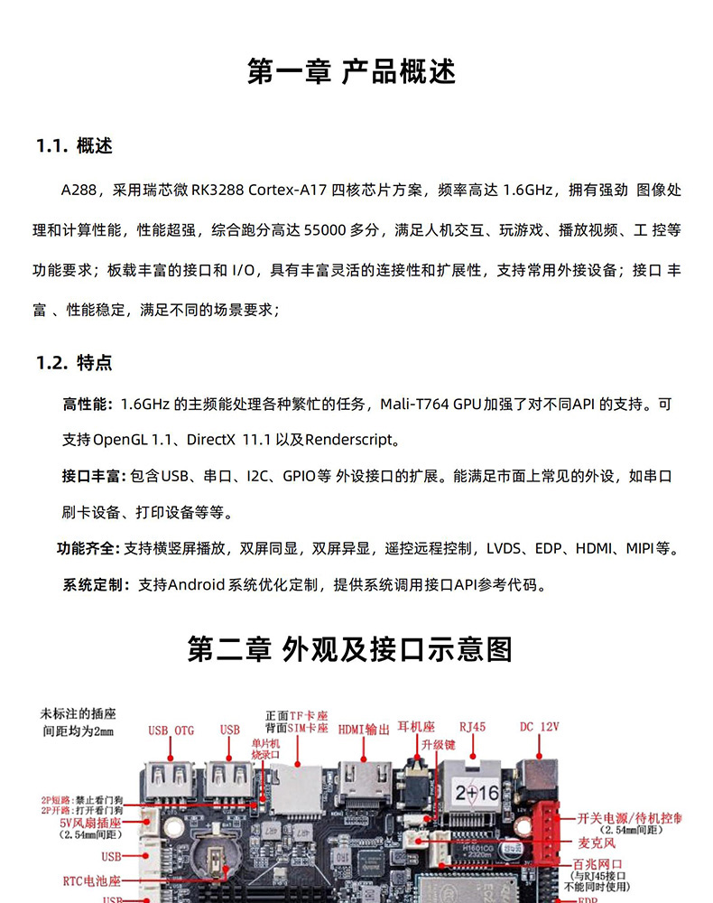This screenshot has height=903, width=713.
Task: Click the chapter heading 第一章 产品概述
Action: point(352,71)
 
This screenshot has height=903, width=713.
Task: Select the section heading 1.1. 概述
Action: point(74,146)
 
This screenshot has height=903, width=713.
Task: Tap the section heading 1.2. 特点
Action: point(74,363)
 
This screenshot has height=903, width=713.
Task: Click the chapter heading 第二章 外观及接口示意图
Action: point(350,649)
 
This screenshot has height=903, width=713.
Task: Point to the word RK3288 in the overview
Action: point(213,191)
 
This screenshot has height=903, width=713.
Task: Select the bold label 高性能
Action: point(87,404)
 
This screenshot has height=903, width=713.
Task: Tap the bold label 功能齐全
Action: point(88,548)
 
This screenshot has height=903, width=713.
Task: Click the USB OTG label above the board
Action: point(171,730)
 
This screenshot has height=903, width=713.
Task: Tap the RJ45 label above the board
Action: point(472,726)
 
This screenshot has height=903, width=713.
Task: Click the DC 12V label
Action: point(540,726)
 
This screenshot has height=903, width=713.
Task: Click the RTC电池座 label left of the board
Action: point(91,880)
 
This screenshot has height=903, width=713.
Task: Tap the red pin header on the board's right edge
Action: point(548,830)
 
